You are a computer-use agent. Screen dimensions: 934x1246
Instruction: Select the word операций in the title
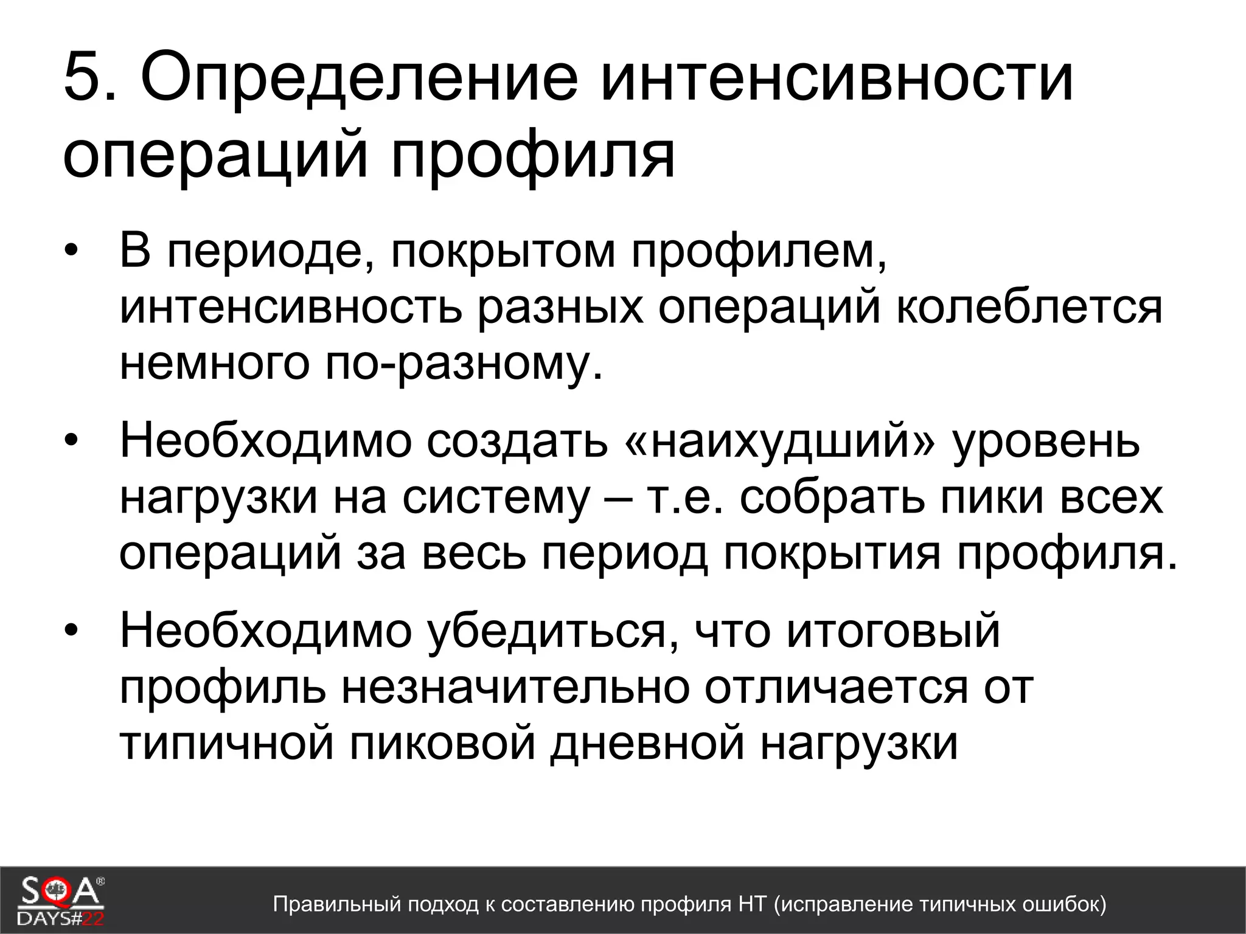(216, 157)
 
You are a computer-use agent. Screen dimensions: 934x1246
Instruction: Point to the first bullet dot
(72, 251)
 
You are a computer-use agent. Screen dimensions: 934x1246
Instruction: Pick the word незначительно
(515, 688)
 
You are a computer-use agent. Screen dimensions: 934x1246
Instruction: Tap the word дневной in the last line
(647, 743)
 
